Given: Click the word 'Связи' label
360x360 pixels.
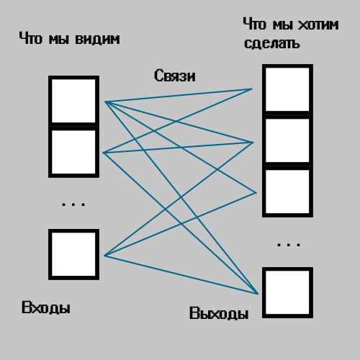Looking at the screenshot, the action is [174, 76].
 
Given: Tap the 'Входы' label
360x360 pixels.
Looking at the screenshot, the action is [46, 307].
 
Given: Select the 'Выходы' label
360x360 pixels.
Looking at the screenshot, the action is [219, 313].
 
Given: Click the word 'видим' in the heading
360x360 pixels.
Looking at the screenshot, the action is [97, 39].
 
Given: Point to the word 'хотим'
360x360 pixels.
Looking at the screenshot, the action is [318, 24].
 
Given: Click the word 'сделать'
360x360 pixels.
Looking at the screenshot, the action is [272, 43].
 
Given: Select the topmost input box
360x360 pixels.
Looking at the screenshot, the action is [73, 101].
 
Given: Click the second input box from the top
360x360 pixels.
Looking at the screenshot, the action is [73, 152].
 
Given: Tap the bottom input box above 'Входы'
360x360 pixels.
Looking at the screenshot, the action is [73, 254].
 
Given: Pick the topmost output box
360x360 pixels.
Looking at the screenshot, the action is [287, 89].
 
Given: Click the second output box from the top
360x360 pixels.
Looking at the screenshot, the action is [287, 140].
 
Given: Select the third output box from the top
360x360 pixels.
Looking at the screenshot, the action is [287, 192].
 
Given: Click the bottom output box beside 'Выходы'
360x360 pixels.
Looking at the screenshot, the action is [287, 292].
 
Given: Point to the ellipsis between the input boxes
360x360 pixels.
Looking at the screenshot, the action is [73, 204].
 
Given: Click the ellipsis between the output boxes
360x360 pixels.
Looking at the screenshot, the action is [289, 245].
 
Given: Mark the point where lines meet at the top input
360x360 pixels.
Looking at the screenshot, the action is [105, 102].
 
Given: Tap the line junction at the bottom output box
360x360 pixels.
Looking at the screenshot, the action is [258, 294].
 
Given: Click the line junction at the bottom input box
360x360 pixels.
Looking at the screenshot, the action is [104, 256].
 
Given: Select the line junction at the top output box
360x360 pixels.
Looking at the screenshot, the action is [252, 89].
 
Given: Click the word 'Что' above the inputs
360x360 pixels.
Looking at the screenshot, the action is [31, 38].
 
